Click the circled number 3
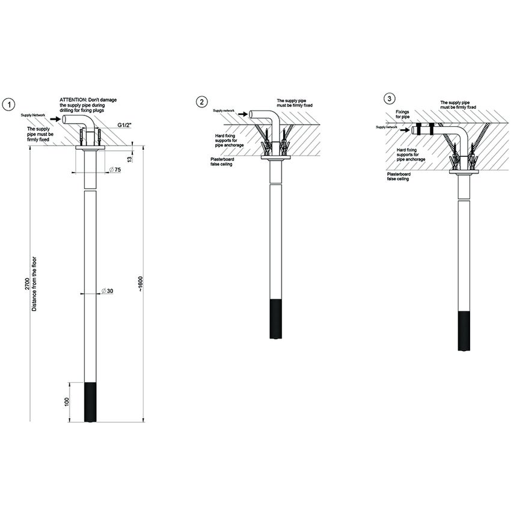(391, 98)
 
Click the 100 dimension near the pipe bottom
(67, 402)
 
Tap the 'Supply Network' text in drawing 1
(34, 115)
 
